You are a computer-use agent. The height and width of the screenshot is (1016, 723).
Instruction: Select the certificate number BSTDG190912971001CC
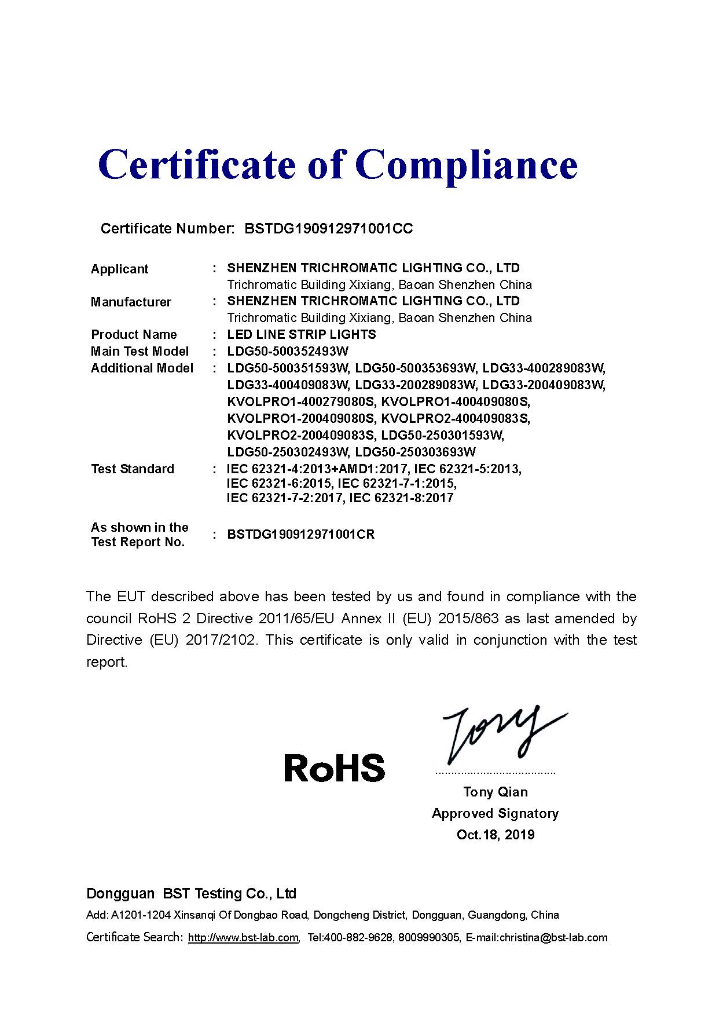click(x=328, y=228)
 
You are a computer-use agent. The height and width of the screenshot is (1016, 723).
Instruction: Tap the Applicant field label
click(x=119, y=269)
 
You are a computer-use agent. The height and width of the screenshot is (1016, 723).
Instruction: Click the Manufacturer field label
click(x=131, y=302)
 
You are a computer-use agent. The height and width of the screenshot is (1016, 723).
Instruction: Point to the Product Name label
click(x=134, y=334)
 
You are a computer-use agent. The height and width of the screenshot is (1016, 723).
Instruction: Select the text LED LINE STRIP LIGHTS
click(x=301, y=334)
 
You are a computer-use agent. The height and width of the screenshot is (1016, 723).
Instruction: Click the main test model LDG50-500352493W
click(x=288, y=351)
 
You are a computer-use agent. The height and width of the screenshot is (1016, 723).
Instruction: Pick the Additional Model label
click(x=142, y=368)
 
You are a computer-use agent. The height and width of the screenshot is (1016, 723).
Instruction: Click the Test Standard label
click(x=132, y=469)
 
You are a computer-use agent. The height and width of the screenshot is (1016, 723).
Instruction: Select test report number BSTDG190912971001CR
click(x=300, y=534)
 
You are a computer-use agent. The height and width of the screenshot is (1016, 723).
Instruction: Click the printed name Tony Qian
click(x=495, y=791)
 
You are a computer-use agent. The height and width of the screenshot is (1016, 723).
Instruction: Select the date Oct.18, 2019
click(x=495, y=834)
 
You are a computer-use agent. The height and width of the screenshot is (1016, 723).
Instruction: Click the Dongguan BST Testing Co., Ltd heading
click(x=191, y=893)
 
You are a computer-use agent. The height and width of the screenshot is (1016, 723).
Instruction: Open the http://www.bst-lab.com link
click(x=243, y=937)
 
